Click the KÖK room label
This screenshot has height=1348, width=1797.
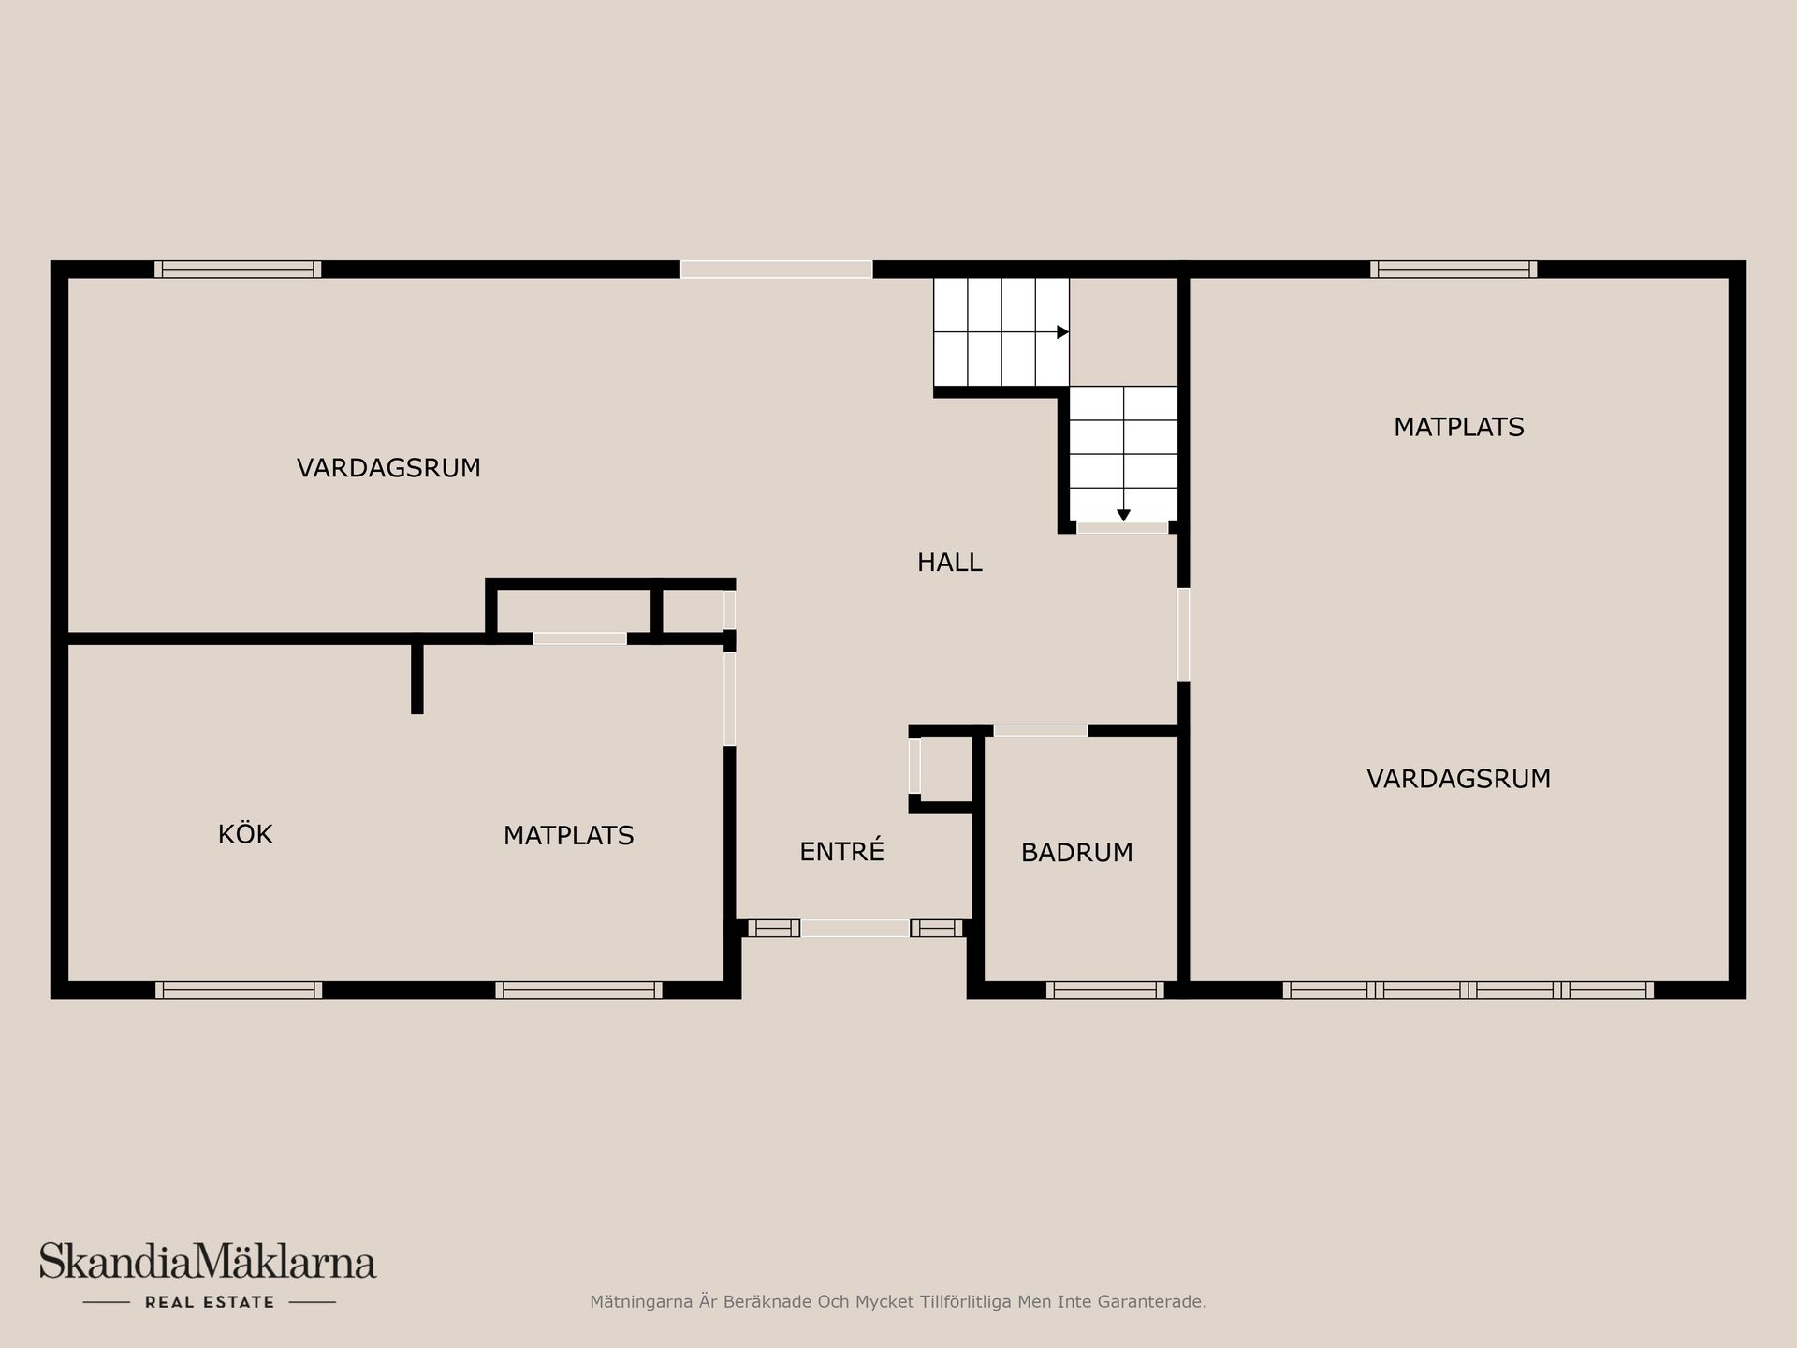[245, 833]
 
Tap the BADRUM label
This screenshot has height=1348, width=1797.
[1076, 853]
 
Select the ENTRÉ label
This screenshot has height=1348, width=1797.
[841, 850]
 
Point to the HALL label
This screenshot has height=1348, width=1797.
[949, 563]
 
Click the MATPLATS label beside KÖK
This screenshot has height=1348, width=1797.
[568, 835]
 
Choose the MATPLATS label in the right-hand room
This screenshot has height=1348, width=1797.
[1458, 427]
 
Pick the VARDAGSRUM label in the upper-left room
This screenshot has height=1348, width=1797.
[388, 468]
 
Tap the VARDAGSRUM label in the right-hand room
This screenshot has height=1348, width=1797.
[1458, 779]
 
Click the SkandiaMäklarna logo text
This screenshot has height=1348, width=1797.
[208, 1261]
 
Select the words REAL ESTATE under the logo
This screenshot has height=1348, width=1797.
[210, 1302]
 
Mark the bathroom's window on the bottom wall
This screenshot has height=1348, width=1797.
[1104, 989]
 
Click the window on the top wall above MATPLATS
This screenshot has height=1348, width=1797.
[1454, 270]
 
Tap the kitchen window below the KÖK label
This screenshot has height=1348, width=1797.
[239, 989]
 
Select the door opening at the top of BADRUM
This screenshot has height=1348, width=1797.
[1041, 730]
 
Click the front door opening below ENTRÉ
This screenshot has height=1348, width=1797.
[855, 929]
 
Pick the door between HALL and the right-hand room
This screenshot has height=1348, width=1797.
[1184, 635]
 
